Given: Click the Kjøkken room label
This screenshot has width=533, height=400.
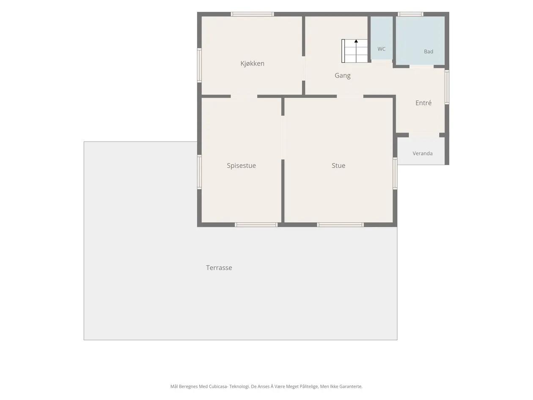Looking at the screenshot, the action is (252, 63).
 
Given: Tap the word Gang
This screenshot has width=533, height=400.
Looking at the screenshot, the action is (342, 75).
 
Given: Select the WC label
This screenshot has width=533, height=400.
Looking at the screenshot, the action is (381, 49).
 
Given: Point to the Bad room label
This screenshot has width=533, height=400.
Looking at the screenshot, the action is (429, 52).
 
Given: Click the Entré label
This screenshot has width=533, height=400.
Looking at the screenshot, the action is (423, 103).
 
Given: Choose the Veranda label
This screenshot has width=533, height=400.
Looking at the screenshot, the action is (423, 154).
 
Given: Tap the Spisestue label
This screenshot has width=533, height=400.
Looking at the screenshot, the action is (241, 166).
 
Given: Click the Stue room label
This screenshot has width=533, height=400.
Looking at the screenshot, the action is (338, 166).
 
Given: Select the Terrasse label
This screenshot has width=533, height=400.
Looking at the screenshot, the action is (219, 268).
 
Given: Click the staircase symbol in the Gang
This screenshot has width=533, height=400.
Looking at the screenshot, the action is (354, 51).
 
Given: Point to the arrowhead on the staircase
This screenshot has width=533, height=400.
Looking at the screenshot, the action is (356, 41).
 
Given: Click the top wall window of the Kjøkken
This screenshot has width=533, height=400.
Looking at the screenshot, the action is (252, 14).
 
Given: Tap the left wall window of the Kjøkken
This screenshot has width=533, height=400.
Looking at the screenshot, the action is (199, 65).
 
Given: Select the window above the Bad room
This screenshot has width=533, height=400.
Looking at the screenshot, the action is (410, 14).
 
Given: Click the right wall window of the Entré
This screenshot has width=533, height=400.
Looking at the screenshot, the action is (447, 87).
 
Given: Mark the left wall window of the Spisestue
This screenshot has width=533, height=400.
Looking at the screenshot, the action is (199, 172).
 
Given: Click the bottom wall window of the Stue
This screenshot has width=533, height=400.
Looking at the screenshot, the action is (341, 225).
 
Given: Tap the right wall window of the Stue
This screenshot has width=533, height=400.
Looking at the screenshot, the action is (395, 174).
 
